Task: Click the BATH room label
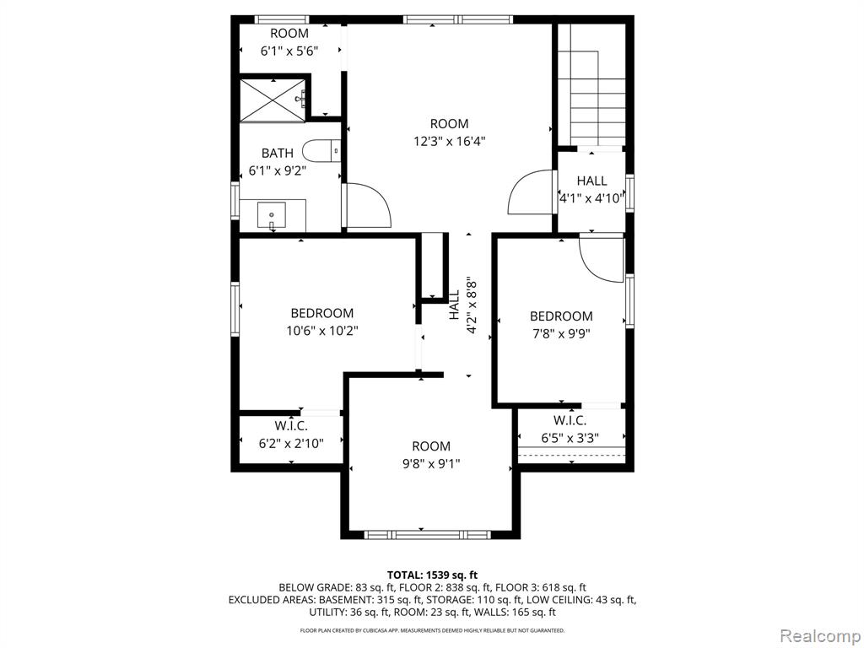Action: pyautogui.click(x=277, y=154)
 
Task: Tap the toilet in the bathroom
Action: pyautogui.click(x=321, y=150)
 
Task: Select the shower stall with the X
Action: pyautogui.click(x=273, y=100)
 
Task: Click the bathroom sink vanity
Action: pyautogui.click(x=273, y=216)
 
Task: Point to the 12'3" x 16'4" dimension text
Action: pyautogui.click(x=450, y=142)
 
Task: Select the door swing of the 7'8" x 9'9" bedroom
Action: pyautogui.click(x=601, y=258)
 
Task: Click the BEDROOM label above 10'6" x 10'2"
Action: pyautogui.click(x=322, y=314)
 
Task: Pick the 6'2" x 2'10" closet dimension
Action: pyautogui.click(x=291, y=443)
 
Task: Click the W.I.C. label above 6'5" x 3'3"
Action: pyautogui.click(x=570, y=421)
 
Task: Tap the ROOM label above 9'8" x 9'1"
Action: pyautogui.click(x=431, y=446)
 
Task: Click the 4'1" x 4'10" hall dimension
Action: pyautogui.click(x=591, y=198)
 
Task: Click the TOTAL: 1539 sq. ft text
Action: pyautogui.click(x=432, y=575)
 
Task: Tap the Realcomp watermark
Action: pyautogui.click(x=820, y=636)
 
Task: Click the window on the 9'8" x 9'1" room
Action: pyautogui.click(x=428, y=534)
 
